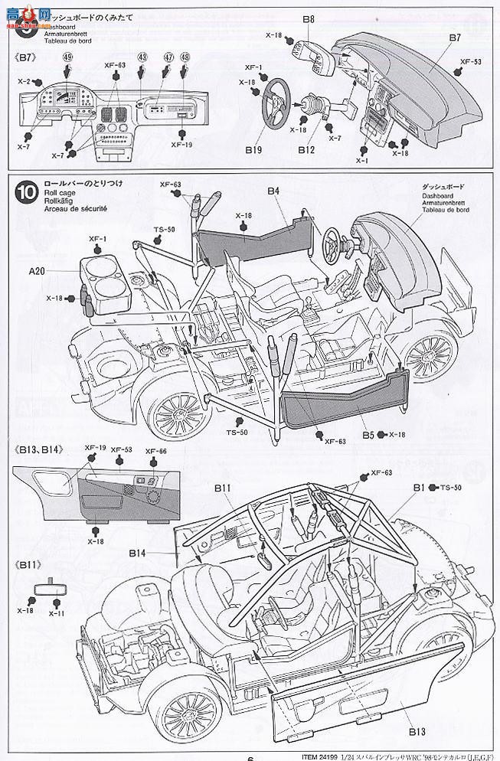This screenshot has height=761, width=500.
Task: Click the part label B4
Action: click(274, 190)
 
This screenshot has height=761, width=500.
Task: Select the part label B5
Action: click(369, 435)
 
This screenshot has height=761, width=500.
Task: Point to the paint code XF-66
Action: click(155, 451)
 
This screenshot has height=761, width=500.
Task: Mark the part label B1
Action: click(419, 487)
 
